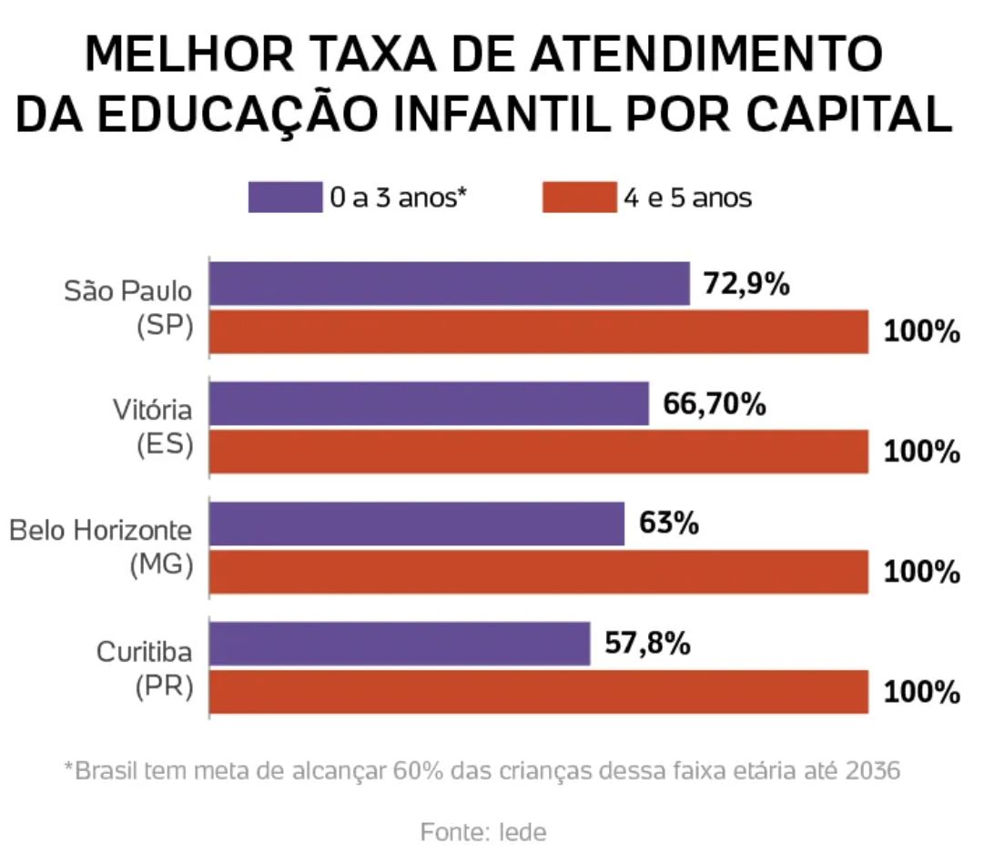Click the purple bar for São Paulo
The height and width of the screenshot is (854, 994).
450,283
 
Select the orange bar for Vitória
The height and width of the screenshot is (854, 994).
539,452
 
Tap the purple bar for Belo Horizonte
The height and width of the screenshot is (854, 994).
417,524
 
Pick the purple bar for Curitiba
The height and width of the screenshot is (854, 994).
400,644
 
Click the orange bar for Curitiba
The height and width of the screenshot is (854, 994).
539,692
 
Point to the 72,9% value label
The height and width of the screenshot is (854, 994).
745,284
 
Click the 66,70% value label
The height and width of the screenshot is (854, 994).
714,403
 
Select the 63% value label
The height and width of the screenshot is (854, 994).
668,524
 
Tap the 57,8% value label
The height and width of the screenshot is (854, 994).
646,644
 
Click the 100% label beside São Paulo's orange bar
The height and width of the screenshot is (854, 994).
922,332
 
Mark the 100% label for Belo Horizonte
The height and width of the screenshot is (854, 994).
922,572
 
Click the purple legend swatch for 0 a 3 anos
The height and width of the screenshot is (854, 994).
284,197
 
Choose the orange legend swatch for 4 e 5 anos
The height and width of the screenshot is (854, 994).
579,197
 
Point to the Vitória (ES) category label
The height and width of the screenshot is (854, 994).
153,428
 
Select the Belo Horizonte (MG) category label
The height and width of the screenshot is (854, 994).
102,547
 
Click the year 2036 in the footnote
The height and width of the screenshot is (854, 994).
871,771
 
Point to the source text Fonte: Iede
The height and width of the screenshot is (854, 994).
483,831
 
